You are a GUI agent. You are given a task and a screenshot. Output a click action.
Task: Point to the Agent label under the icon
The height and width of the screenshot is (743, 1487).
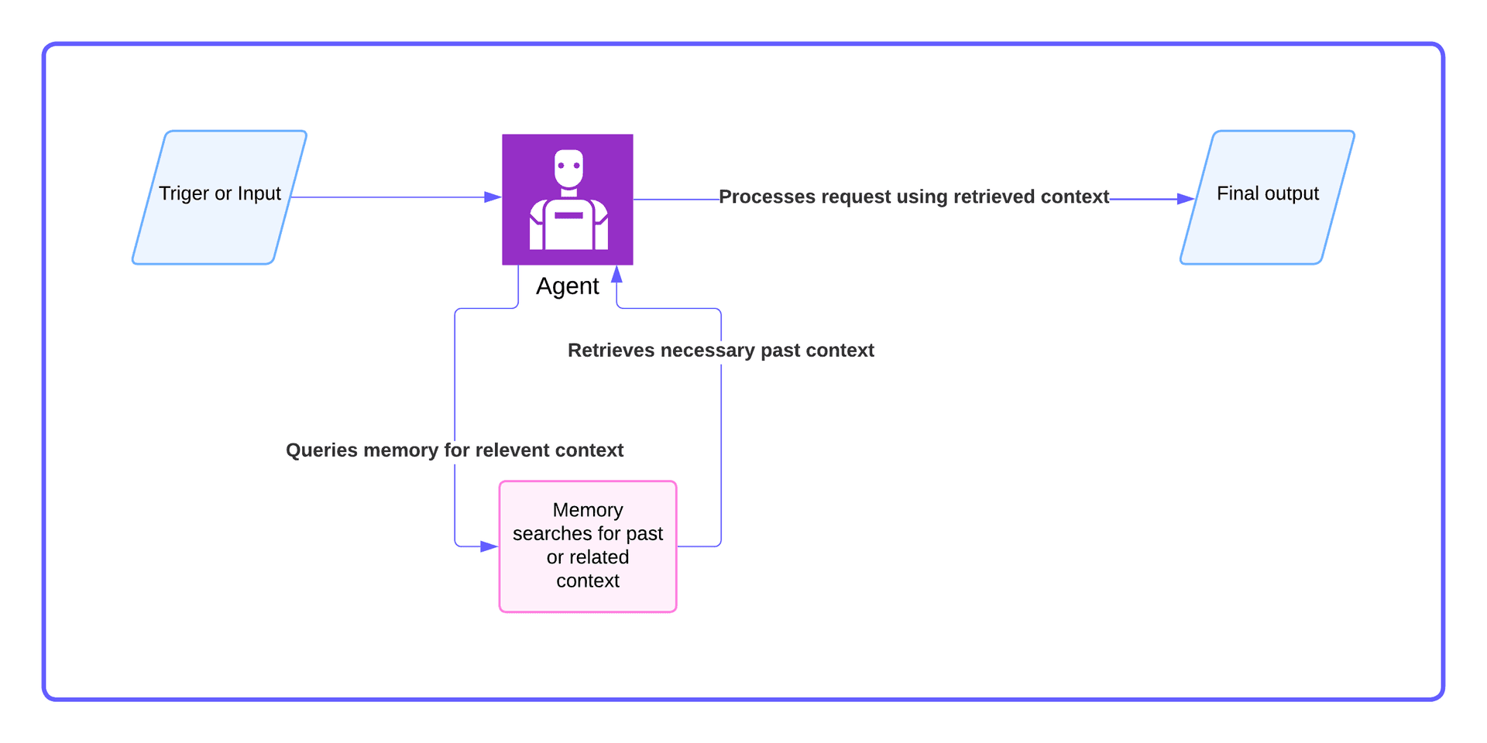tap(568, 286)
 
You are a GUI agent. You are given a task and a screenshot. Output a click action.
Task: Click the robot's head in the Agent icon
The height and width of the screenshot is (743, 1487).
tap(568, 168)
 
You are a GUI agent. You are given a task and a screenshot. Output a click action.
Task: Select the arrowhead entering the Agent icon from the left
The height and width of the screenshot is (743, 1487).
tap(493, 197)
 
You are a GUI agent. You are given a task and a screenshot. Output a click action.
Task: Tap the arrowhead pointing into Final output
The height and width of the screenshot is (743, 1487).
tap(1185, 199)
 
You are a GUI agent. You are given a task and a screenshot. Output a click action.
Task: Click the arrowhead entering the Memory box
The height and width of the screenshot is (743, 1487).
tap(489, 546)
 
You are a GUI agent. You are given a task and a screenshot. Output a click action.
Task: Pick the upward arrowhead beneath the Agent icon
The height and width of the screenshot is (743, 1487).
tap(616, 274)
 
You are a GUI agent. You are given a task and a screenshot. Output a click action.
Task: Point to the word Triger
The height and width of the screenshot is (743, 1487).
tap(184, 193)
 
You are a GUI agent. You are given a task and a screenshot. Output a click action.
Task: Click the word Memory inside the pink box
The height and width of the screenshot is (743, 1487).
tap(588, 510)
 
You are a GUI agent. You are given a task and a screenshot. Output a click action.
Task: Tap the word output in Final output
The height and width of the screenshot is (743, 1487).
tap(1292, 193)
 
